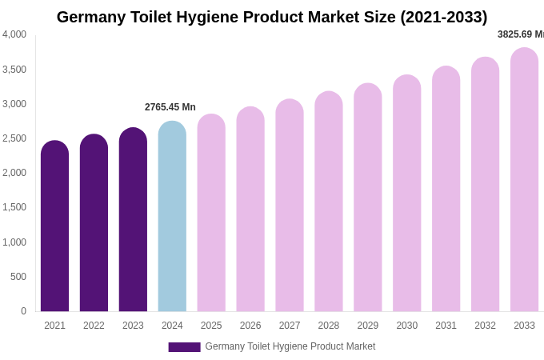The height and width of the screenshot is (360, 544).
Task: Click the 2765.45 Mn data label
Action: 170,107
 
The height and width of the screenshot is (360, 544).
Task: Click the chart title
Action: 272,17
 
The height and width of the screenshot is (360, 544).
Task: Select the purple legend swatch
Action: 184,347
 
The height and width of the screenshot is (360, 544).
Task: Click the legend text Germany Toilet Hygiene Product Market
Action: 290,346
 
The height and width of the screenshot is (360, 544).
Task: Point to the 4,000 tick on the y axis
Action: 14,34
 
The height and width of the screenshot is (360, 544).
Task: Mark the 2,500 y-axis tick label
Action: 14,138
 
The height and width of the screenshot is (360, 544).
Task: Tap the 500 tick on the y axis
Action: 18,277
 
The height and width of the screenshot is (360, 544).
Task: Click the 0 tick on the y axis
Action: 23,311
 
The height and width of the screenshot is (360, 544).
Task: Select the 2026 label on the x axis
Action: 250,326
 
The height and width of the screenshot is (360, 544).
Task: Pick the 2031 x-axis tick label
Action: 446,326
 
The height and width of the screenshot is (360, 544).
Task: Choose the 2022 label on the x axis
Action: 94,326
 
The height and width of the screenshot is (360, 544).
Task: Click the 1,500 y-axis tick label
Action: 14,207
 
